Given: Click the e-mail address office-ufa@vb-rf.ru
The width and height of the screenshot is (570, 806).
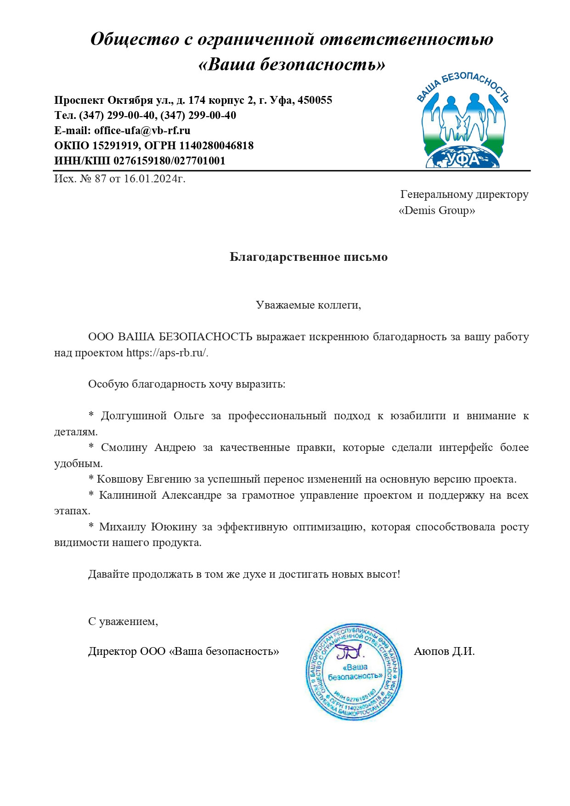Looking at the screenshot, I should tap(142, 130).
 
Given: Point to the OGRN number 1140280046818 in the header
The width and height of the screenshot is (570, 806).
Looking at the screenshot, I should tap(216, 146).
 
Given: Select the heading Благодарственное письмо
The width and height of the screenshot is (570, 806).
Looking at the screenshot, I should tap(308, 257).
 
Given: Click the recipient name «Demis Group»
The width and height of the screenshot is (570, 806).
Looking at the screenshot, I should tap(437, 210).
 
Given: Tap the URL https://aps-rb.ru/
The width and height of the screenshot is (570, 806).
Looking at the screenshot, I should tap(167, 353).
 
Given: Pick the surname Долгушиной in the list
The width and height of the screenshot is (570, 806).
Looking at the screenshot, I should tap(134, 416).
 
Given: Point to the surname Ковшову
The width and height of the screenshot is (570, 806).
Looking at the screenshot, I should tap(119, 479).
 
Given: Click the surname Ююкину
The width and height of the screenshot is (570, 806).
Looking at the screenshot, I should tap(174, 527).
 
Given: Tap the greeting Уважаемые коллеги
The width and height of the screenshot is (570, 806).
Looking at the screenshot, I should tap(308, 305).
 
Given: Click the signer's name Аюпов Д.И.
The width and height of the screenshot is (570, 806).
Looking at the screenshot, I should tap(444, 651).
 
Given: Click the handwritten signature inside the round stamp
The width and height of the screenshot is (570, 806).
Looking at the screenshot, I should tap(349, 651).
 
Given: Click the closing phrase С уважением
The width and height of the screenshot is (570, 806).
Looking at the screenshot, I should tap(123, 621).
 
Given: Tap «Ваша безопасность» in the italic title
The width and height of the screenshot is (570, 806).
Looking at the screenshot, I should tap(292, 64).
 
